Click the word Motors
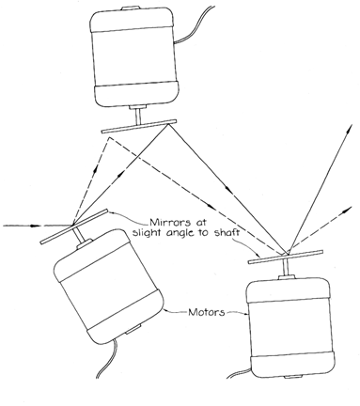(x=207, y=312)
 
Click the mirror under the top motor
(x=139, y=126)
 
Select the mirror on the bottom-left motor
(x=74, y=226)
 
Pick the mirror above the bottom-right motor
(x=286, y=257)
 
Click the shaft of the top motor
(x=138, y=117)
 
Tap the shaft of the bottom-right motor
(x=286, y=268)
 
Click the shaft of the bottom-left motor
(x=79, y=235)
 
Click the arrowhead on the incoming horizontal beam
(x=36, y=226)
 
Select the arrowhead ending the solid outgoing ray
(x=349, y=129)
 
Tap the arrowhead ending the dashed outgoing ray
(x=348, y=210)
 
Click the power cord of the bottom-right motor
(x=240, y=373)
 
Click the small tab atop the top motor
(x=130, y=8)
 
